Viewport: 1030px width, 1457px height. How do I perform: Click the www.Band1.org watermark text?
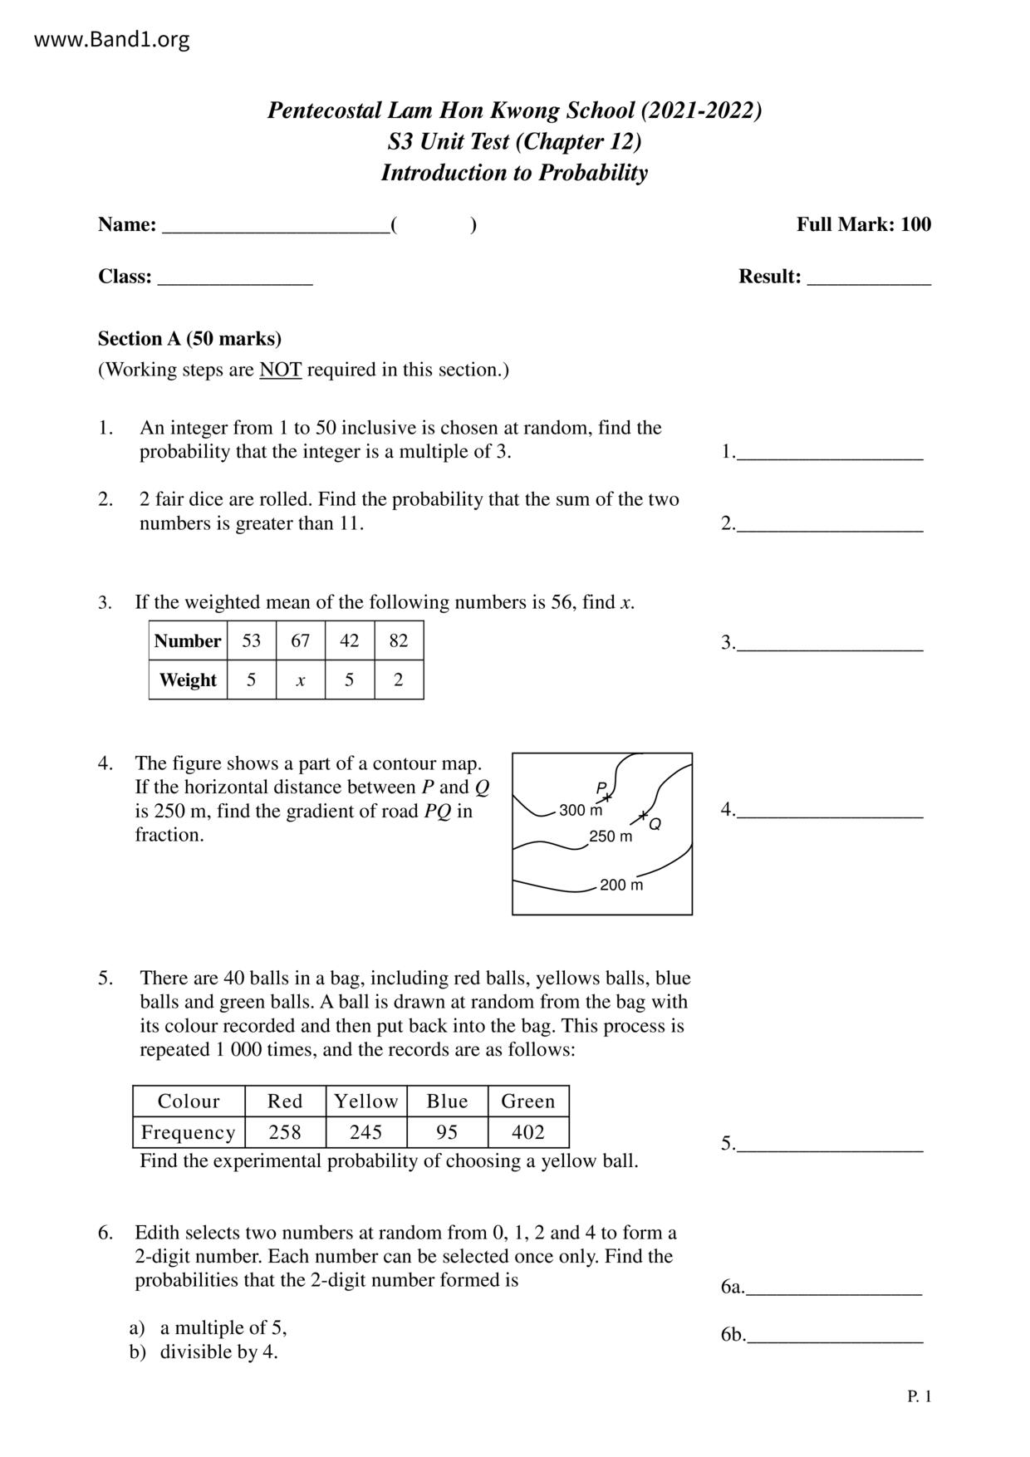(112, 39)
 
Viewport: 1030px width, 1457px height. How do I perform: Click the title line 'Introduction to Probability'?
(514, 173)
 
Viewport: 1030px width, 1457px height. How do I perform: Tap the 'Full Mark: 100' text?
(864, 224)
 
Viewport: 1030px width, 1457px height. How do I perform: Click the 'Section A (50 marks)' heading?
(189, 339)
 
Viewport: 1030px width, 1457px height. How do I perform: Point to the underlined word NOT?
(280, 370)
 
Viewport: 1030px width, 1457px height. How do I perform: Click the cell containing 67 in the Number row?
(300, 640)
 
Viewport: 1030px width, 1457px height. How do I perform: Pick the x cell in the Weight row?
(300, 680)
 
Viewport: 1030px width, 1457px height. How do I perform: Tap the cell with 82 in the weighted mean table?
(399, 640)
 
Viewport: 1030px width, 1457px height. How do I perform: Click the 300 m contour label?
(581, 810)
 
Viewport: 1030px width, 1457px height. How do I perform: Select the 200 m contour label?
(621, 885)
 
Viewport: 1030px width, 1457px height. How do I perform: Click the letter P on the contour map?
(601, 787)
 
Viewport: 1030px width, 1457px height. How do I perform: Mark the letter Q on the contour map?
(655, 824)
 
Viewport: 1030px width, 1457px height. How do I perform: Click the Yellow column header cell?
(366, 1101)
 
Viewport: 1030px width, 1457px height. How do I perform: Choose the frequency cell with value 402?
(528, 1132)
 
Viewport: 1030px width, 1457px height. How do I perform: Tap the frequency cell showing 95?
(447, 1132)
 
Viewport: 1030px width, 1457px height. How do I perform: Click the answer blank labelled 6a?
(834, 1289)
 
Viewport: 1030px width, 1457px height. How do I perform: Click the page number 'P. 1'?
(920, 1396)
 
